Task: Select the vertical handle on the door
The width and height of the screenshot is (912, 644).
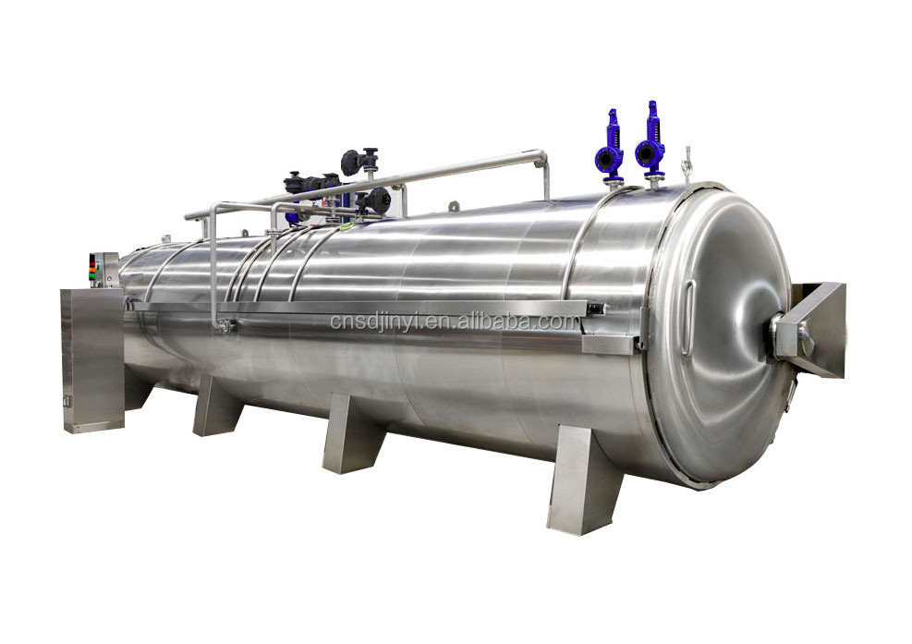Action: [688, 317]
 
